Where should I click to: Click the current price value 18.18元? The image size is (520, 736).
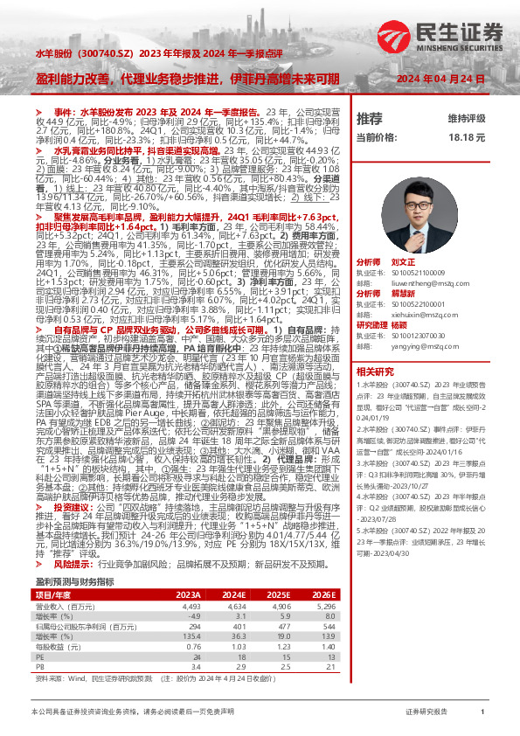pyautogui.click(x=467, y=138)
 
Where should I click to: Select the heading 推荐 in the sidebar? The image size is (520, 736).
pyautogui.click(x=370, y=118)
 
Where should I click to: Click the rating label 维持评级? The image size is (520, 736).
pyautogui.click(x=466, y=118)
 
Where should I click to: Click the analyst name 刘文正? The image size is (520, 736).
pyautogui.click(x=404, y=262)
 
